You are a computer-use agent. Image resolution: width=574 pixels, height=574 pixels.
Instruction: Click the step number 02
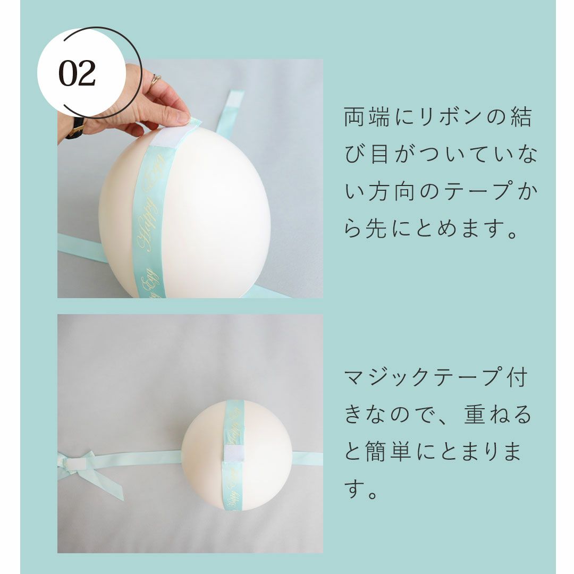77,73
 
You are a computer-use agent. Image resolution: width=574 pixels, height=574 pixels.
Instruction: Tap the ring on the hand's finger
155,79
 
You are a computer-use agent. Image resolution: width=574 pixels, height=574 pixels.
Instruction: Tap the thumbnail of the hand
183,117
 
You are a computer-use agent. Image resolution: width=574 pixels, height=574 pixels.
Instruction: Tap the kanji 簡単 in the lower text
388,452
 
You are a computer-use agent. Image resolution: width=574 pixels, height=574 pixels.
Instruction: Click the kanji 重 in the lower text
475,415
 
